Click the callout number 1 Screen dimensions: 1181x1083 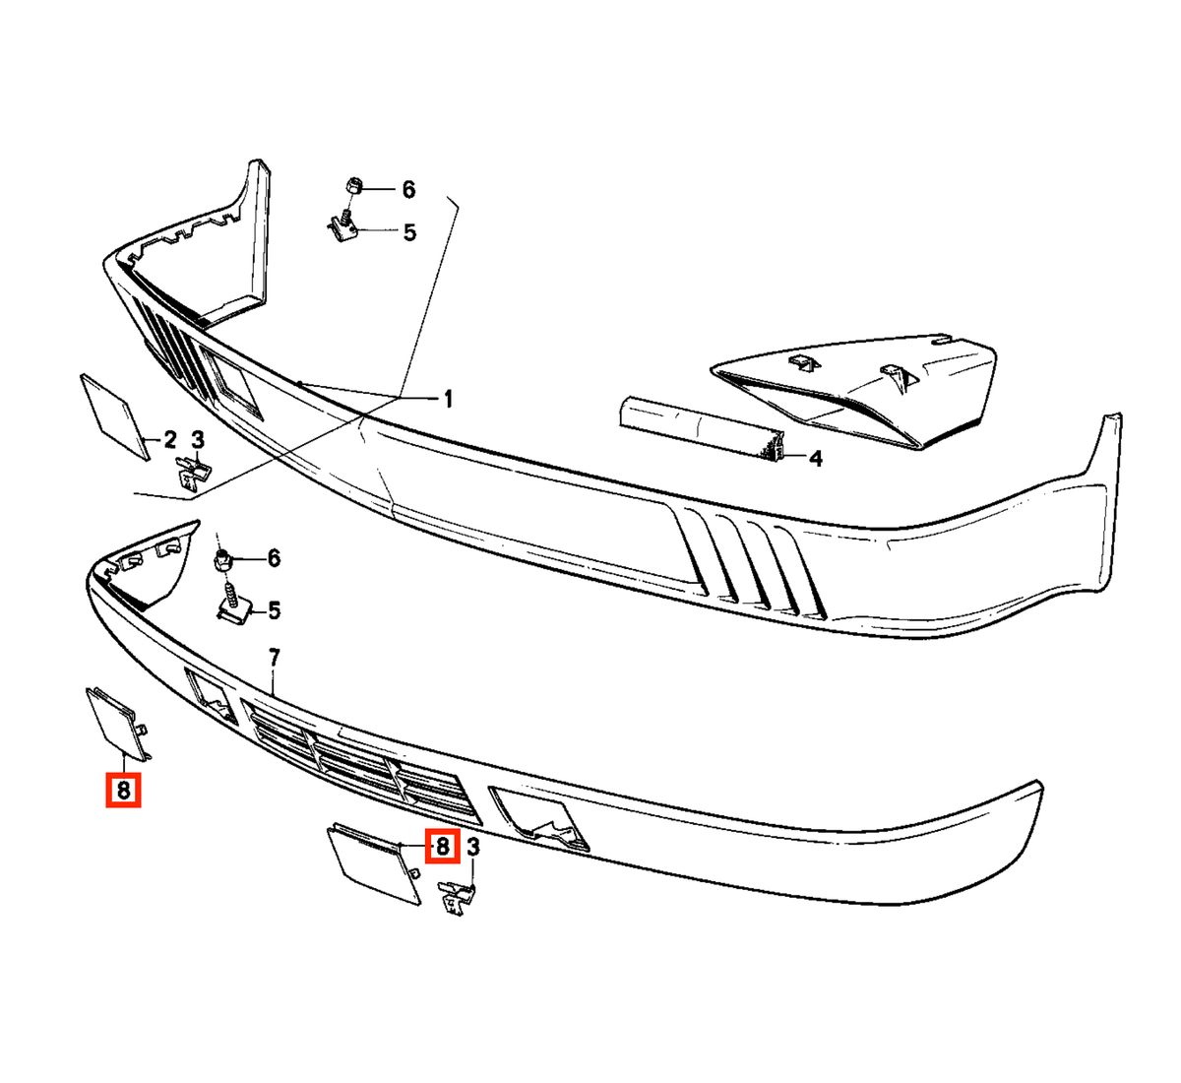tap(449, 399)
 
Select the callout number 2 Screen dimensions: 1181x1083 tap(169, 439)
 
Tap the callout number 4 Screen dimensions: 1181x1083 tap(816, 458)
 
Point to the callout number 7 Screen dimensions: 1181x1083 tap(275, 658)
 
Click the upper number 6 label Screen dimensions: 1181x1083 tap(408, 190)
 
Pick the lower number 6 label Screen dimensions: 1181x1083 tap(275, 558)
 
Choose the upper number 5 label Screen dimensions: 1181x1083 tap(409, 232)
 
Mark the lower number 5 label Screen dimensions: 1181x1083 tap(275, 611)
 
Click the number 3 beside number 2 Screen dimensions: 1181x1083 tap(198, 439)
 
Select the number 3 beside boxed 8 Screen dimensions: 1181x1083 tap(473, 848)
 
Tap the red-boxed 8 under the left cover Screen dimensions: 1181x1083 tap(123, 790)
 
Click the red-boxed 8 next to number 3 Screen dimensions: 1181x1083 tap(443, 847)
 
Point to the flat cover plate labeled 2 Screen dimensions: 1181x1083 tap(115, 416)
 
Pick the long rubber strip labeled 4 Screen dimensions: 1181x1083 tap(704, 428)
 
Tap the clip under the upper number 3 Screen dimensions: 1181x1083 tap(193, 472)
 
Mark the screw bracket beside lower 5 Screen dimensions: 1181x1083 tap(235, 605)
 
